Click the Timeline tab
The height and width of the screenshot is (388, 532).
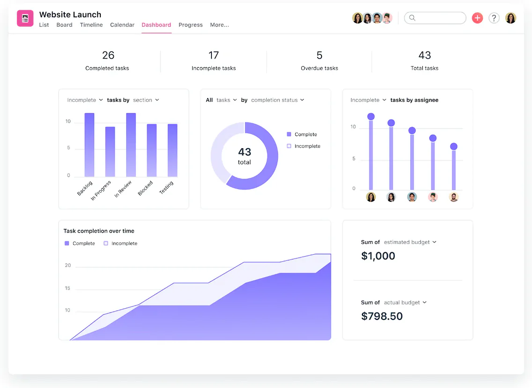coord(91,25)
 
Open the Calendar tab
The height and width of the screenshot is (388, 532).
coord(122,25)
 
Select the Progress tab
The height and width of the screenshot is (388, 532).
coord(190,25)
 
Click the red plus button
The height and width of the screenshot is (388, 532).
coord(477,18)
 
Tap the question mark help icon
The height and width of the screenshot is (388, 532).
coord(494,18)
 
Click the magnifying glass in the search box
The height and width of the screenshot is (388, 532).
coord(412,18)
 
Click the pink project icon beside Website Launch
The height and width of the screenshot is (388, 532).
coord(25,18)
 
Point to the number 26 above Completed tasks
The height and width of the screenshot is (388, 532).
coord(108,55)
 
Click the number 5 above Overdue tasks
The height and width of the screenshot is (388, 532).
coord(319,55)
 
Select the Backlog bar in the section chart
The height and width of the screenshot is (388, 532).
coord(89,145)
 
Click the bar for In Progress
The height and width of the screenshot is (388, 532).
coord(110,152)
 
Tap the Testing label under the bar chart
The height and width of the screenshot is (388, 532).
coord(166,187)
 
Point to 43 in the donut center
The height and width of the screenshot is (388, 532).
coord(244,152)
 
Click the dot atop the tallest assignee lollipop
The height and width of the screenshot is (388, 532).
coord(371,116)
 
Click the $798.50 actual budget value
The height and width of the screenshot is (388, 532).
coord(382,316)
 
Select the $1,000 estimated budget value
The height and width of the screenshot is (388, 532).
coord(378,256)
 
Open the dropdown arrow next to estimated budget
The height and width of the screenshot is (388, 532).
coord(435,242)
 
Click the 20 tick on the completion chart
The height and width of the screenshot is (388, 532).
coord(68,265)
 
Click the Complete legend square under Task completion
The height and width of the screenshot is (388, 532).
coord(67,243)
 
